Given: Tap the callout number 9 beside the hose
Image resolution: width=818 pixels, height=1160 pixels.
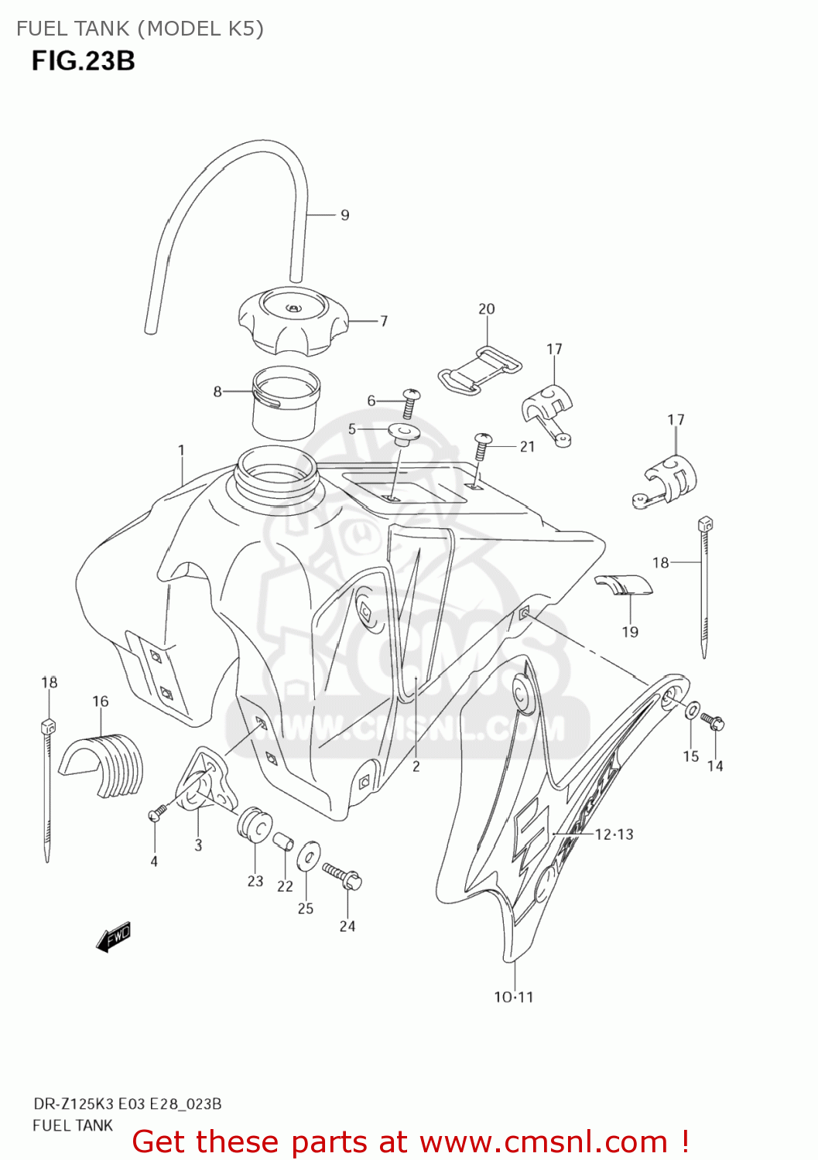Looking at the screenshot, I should pyautogui.click(x=345, y=215).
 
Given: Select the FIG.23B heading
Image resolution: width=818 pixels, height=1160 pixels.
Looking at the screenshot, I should pyautogui.click(x=83, y=60).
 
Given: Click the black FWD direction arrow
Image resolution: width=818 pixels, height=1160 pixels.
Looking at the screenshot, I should pyautogui.click(x=113, y=937).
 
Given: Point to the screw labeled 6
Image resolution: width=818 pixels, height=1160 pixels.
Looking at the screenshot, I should pyautogui.click(x=410, y=401).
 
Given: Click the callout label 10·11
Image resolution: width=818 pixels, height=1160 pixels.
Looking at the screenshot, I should pyautogui.click(x=514, y=997).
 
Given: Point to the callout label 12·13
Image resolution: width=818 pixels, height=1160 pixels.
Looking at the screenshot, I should pyautogui.click(x=614, y=834).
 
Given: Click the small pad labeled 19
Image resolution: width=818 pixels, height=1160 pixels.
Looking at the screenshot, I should pyautogui.click(x=624, y=585).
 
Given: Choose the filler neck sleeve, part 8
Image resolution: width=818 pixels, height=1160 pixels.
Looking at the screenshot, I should pyautogui.click(x=286, y=402).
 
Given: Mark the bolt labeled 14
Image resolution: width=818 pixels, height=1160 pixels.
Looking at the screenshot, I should pyautogui.click(x=712, y=722).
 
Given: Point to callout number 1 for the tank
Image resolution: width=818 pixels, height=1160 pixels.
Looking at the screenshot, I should pyautogui.click(x=181, y=449).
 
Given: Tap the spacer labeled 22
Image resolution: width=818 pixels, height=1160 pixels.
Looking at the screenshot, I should pyautogui.click(x=284, y=840).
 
